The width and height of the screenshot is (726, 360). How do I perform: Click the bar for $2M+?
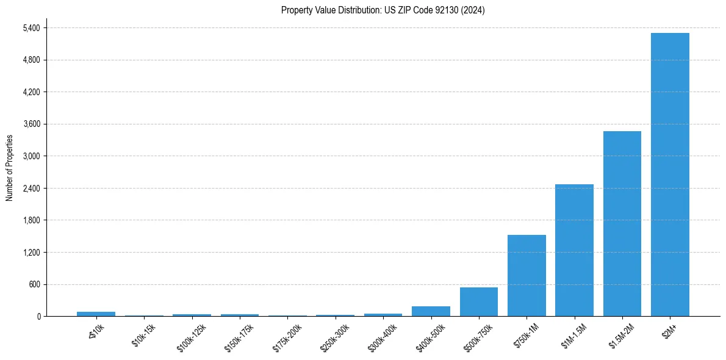[x=670, y=175]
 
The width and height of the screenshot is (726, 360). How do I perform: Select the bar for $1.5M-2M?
[x=622, y=223]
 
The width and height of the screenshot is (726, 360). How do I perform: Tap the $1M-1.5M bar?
[x=574, y=250]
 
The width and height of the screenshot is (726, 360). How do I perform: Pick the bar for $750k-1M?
[x=527, y=275]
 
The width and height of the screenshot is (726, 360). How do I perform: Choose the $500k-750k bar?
[x=478, y=301]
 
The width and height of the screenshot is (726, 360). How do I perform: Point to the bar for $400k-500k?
[x=431, y=311]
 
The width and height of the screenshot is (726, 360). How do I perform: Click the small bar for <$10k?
[x=96, y=314]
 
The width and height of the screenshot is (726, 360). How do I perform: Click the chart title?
[x=383, y=10]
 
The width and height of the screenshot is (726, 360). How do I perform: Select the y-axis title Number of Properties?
[x=10, y=168]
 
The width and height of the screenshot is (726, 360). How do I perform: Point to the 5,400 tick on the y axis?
[x=31, y=28]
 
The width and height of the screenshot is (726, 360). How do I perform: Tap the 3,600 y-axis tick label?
[x=31, y=124]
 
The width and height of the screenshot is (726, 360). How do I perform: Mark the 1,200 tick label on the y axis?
[x=31, y=252]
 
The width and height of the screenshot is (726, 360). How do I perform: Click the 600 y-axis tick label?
[x=34, y=284]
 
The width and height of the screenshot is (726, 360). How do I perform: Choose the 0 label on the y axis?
[x=38, y=316]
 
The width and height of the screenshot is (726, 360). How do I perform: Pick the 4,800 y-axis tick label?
[x=31, y=60]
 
